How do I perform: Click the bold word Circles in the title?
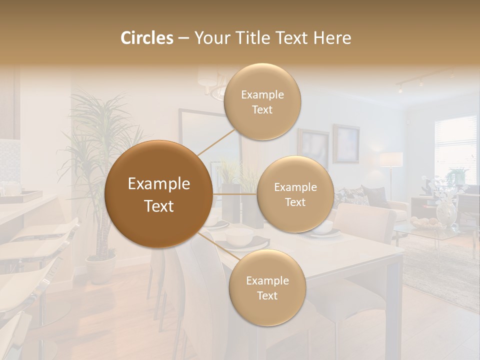point(146,38)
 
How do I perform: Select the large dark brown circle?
point(158,194)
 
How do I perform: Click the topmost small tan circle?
point(262,102)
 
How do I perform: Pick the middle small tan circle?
point(295,194)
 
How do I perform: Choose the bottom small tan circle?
point(267,288)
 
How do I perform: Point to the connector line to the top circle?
point(216,141)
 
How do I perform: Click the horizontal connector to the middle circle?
point(235,194)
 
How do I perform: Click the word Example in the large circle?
point(158,184)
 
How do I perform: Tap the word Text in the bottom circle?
point(267,295)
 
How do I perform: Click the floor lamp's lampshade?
point(391,159)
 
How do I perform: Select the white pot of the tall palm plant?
point(100,268)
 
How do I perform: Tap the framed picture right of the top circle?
point(346,143)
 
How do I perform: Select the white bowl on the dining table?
point(238,237)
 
